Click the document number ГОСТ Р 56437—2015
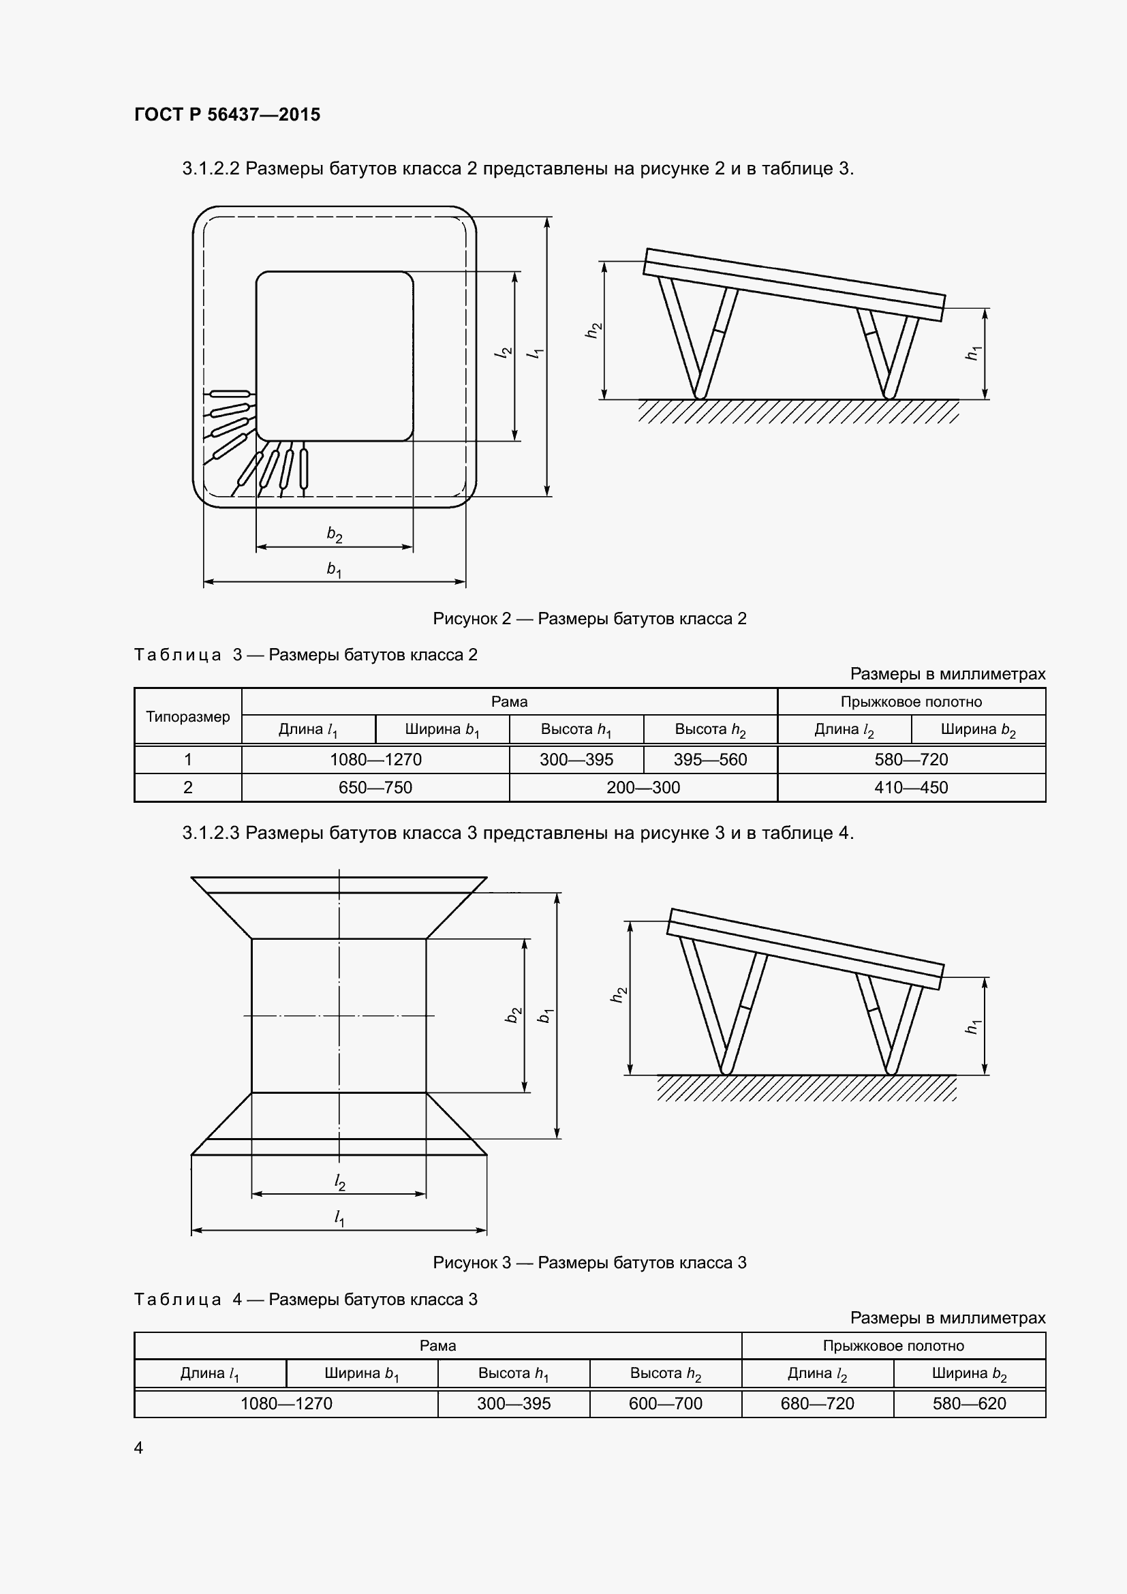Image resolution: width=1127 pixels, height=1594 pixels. pos(227,114)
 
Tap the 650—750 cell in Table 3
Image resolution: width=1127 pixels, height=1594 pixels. pos(375,787)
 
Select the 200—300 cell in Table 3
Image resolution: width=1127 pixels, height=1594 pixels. pos(643,787)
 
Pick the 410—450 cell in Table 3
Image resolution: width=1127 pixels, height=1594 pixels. pos(910,787)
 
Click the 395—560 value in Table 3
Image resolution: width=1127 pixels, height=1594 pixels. pos(710,759)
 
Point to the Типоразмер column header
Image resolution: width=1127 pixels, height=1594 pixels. pos(187,716)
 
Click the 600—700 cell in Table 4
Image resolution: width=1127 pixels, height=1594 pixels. pos(665,1403)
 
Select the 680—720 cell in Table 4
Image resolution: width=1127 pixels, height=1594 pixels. pos(817,1403)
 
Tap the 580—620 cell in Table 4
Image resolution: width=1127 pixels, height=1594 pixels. pos(969,1403)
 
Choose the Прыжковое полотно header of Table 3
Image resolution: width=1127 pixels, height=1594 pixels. pos(910,701)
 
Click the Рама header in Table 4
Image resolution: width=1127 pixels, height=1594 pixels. pos(437,1345)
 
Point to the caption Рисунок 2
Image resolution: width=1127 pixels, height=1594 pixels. pos(589,619)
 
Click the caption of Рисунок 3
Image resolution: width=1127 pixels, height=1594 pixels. pos(589,1262)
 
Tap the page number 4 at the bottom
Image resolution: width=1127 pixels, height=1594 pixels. pos(139,1447)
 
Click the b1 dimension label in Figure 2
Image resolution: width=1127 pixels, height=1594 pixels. pos(335,569)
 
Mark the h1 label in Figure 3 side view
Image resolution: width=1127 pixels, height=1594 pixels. pos(973,1026)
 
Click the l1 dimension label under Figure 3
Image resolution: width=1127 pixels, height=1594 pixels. pos(339,1217)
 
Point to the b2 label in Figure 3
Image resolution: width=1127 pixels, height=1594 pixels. pos(514,1015)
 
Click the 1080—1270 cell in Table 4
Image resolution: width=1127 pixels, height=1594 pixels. pos(286,1403)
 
